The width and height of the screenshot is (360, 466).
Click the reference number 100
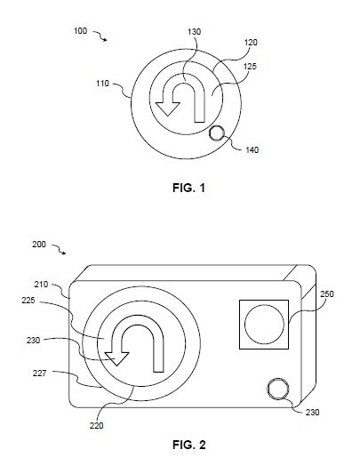click(80, 31)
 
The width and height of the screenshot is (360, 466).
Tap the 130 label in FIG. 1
click(195, 31)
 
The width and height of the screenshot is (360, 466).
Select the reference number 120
click(251, 43)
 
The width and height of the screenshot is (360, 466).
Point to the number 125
click(250, 67)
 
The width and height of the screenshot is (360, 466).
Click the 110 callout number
click(102, 84)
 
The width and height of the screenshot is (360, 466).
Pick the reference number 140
click(252, 150)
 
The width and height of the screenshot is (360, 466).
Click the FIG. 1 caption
click(189, 188)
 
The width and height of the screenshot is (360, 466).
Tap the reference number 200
click(39, 245)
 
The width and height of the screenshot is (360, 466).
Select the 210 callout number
click(41, 285)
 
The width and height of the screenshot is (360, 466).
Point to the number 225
click(28, 301)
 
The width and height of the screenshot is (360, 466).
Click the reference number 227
click(39, 373)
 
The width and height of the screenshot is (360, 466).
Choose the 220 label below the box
click(97, 426)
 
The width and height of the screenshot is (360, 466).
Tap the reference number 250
click(327, 294)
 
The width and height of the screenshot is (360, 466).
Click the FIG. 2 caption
click(189, 445)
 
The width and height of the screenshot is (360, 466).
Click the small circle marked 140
click(217, 133)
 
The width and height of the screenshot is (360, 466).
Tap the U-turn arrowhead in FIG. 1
click(168, 108)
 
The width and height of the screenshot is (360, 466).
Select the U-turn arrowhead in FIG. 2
click(116, 358)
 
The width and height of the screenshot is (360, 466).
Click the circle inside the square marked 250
click(264, 325)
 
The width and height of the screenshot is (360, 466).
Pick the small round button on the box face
click(278, 389)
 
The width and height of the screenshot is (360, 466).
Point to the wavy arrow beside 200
click(59, 249)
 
